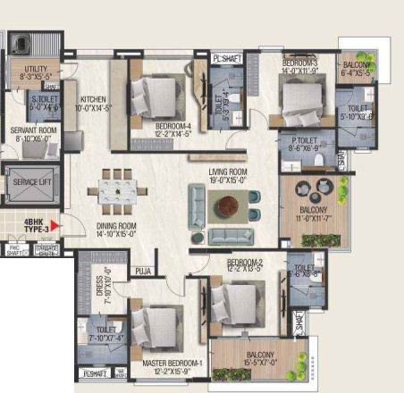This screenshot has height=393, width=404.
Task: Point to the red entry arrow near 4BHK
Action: click(x=55, y=227)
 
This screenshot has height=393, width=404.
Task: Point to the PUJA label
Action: click(x=142, y=271)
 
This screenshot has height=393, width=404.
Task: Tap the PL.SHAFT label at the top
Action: click(x=226, y=59)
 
